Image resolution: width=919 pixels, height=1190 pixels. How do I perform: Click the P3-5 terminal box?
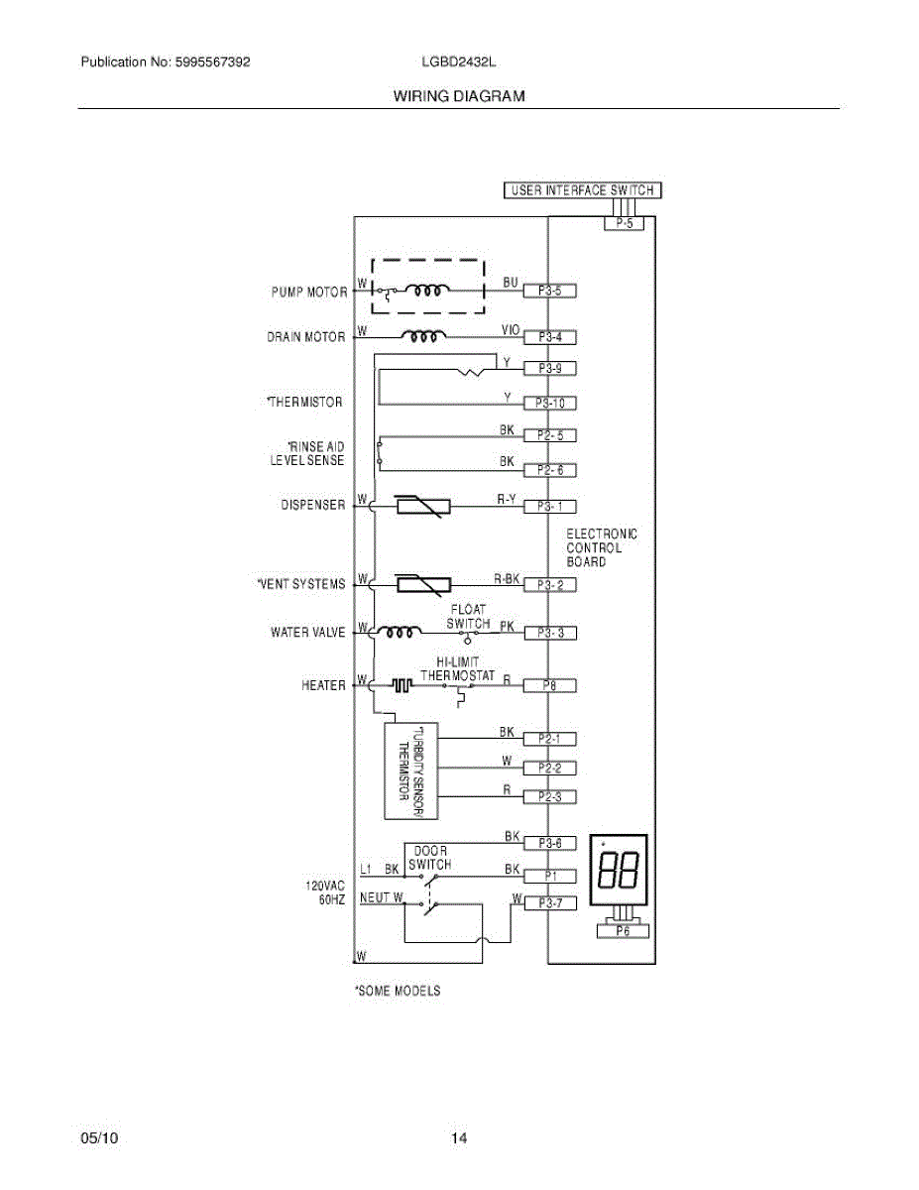pos(549,292)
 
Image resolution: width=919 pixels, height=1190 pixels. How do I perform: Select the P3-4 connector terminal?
pos(549,337)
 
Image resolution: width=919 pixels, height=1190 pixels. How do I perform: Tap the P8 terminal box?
pos(549,685)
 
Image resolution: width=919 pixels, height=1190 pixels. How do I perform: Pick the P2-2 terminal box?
pos(549,768)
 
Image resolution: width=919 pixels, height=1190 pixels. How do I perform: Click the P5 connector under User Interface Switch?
pos(624,224)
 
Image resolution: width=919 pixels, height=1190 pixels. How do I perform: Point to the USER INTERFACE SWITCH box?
pos(582,190)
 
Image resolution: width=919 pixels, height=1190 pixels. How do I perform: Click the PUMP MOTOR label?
pos(309,293)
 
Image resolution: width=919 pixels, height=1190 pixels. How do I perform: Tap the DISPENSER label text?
pos(313,506)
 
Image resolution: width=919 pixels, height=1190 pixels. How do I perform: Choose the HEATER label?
pos(324,685)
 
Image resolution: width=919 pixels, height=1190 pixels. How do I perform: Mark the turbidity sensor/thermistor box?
pos(410,772)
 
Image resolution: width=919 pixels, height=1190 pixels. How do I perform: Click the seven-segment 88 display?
pos(619,870)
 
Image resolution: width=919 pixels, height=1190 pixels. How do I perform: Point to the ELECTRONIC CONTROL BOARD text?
pos(602,548)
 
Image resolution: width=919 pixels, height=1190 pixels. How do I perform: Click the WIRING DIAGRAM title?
pos(459,96)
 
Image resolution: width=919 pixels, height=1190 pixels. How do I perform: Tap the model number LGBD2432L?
pos(458,62)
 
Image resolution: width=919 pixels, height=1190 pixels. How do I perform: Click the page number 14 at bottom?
pos(459,1138)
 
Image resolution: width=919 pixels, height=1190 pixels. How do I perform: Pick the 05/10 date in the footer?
pos(99,1138)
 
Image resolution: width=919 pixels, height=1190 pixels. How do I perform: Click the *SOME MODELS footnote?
pos(398,991)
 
